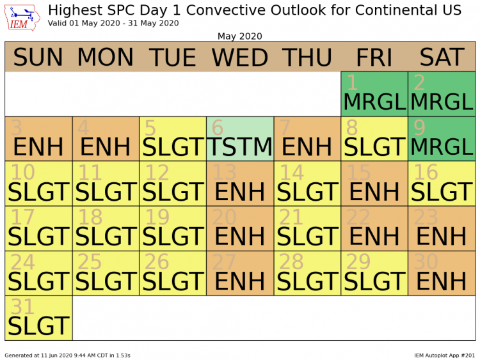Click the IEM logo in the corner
(22, 17)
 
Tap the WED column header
(240, 57)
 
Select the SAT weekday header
(442, 57)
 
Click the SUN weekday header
(38, 57)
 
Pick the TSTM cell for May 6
(240, 139)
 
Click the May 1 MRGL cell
(374, 94)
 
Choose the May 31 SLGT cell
(38, 318)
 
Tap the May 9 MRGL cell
(442, 139)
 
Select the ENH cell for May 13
(240, 184)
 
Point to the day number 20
(224, 217)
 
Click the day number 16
(426, 172)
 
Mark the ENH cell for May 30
(442, 273)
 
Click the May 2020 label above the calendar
(240, 36)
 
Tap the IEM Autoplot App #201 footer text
(444, 356)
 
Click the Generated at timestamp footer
(67, 356)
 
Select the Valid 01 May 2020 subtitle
(113, 23)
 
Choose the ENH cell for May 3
(38, 139)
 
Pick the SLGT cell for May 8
(374, 139)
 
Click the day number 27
(224, 262)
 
